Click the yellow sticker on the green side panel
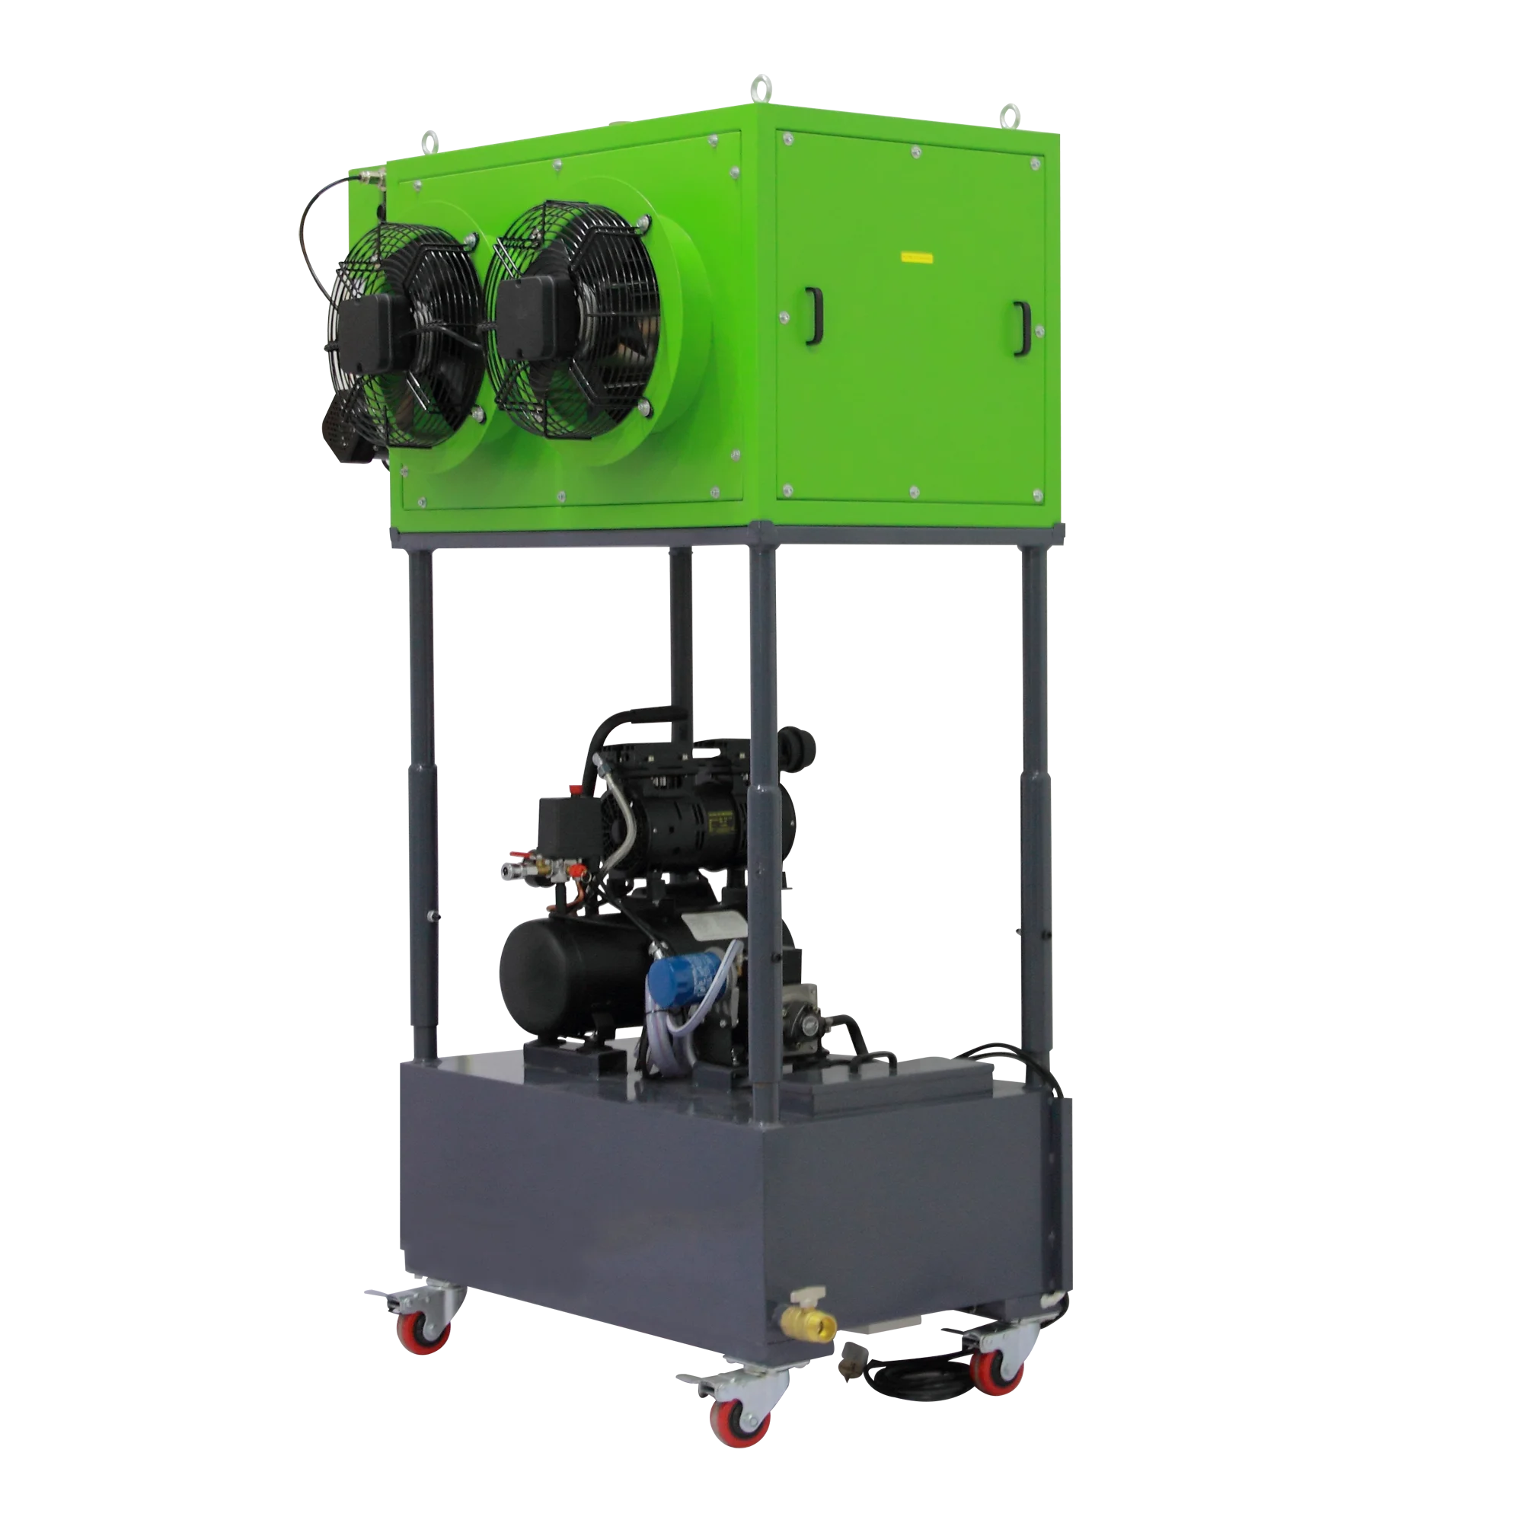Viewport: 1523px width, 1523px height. click(x=917, y=256)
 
